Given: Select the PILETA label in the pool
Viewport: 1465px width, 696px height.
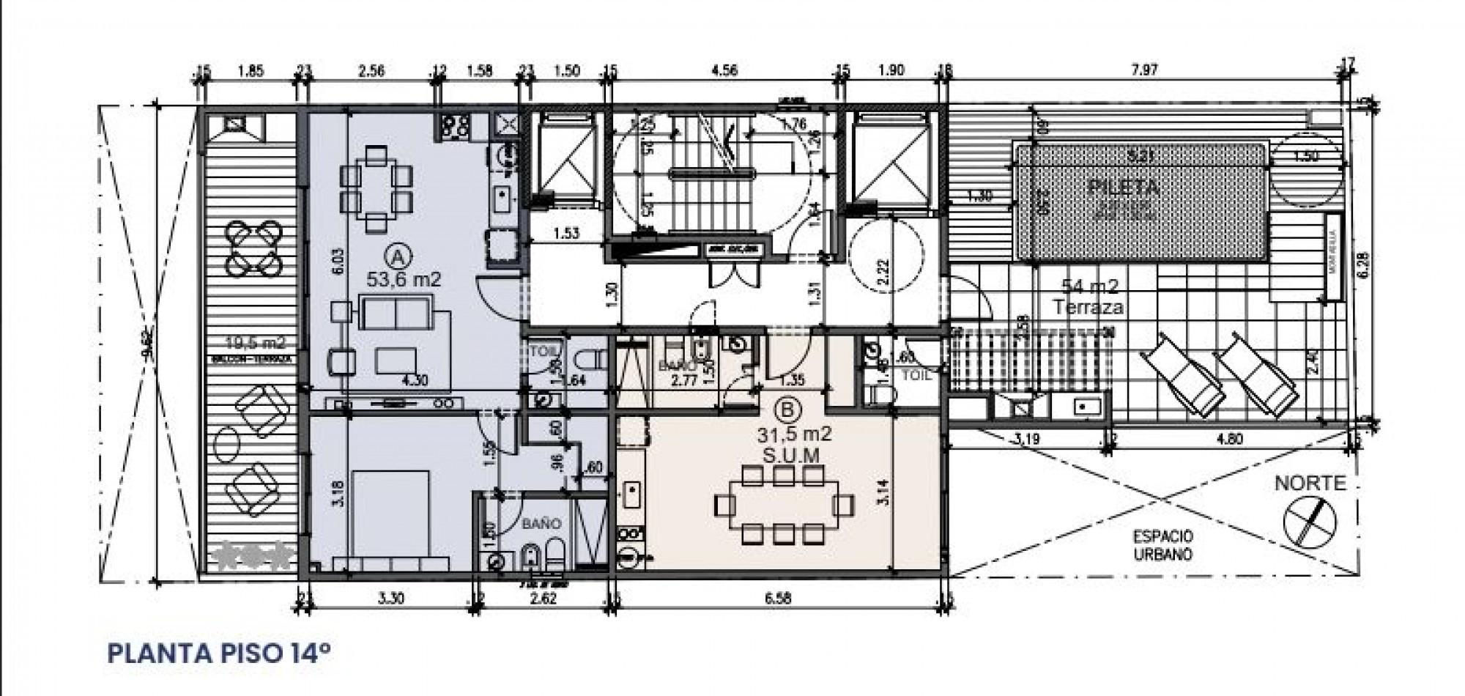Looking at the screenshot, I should pos(1123,187).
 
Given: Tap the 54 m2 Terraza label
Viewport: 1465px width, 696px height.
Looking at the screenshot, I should pos(1087,297).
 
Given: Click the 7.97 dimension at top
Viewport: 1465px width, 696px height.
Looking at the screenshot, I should pos(1143,71).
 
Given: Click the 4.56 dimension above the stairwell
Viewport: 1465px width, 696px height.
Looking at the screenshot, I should pos(724,71).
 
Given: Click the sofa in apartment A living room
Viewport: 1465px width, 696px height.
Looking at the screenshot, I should pos(396,314).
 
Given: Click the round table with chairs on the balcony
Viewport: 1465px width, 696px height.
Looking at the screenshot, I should pos(251,247).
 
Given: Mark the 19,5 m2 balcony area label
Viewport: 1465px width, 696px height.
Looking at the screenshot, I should pos(255,342).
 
